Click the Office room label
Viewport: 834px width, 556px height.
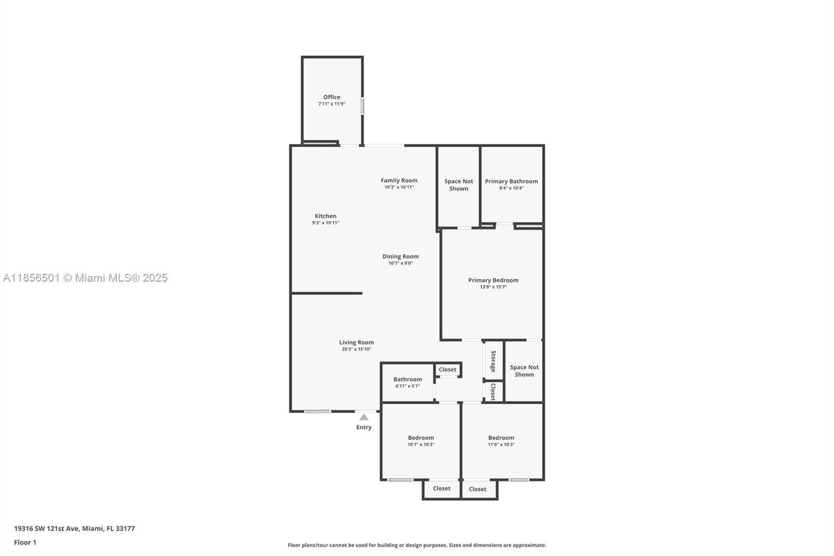(x=332, y=97)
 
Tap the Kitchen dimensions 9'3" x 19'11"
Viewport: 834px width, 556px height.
(x=325, y=223)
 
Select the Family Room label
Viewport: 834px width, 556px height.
(x=399, y=180)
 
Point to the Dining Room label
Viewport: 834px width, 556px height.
(x=400, y=257)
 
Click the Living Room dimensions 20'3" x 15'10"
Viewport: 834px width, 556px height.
(x=357, y=349)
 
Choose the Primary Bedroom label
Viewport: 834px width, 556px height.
(x=493, y=280)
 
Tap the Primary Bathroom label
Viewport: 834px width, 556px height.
(x=511, y=181)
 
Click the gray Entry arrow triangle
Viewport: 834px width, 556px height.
(x=364, y=417)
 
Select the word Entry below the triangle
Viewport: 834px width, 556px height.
(x=364, y=428)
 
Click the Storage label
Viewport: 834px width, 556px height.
(x=493, y=361)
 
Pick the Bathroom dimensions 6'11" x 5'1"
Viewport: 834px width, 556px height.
(x=407, y=386)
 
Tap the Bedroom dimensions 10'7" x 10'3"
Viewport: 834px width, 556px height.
(x=421, y=444)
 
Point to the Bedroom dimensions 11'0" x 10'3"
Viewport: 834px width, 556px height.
(x=501, y=444)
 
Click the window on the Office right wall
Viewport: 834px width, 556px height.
(x=362, y=106)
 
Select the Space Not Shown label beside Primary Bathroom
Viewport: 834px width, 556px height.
(x=459, y=185)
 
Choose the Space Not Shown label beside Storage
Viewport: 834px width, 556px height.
(x=524, y=371)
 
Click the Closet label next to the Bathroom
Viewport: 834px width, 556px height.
(x=447, y=369)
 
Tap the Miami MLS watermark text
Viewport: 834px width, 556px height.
(x=85, y=278)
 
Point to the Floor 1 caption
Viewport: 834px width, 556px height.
(x=26, y=542)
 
